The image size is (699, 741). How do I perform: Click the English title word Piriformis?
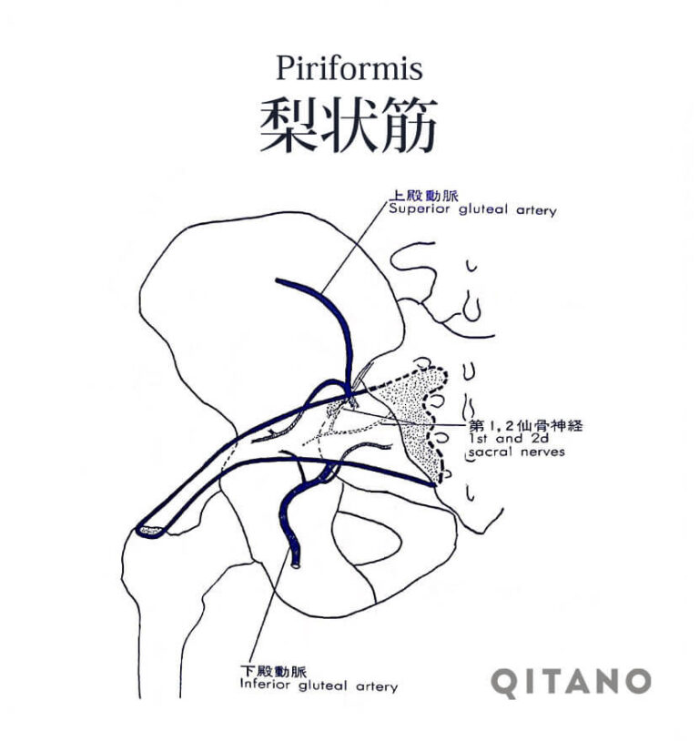[x=349, y=68]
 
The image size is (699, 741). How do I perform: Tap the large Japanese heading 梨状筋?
[x=349, y=126]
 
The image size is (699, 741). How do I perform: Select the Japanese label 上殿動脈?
[x=423, y=195]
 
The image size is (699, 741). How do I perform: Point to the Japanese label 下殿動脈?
[x=274, y=671]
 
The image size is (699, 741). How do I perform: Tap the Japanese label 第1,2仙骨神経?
[x=526, y=425]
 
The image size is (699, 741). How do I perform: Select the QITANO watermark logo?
[x=571, y=683]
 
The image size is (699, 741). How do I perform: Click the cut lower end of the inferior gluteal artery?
[x=296, y=563]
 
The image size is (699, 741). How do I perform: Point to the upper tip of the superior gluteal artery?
[x=279, y=280]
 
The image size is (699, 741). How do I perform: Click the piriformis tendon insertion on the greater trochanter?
[x=150, y=531]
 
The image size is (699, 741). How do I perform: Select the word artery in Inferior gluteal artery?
[x=377, y=686]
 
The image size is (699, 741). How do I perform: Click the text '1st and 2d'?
[x=509, y=439]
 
